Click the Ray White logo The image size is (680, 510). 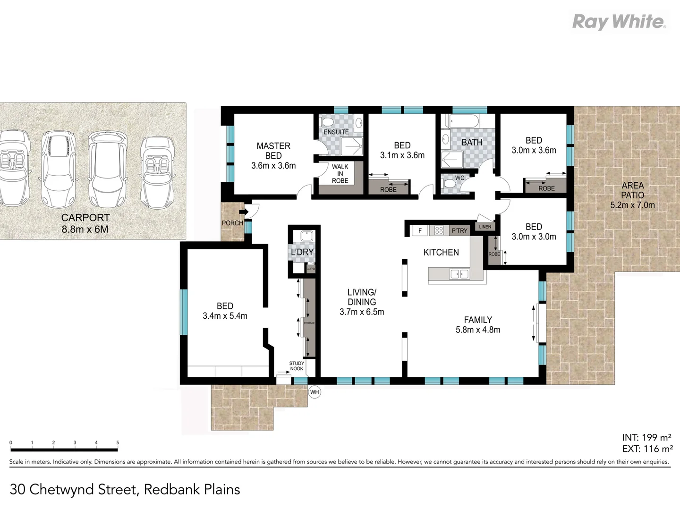(619, 22)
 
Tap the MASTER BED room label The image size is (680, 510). (273, 151)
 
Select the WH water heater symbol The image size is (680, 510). (314, 392)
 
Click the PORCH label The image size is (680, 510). (232, 223)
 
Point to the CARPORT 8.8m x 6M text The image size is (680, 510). (85, 223)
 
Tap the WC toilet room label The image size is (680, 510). (459, 178)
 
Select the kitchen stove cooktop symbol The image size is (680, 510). (439, 230)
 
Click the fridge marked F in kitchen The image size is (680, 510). (420, 230)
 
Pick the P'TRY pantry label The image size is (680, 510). (459, 230)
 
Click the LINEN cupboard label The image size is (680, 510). (485, 227)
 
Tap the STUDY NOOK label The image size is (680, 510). (297, 366)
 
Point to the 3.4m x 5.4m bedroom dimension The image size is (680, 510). (225, 316)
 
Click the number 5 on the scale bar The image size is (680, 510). (118, 443)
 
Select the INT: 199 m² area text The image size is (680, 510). (646, 438)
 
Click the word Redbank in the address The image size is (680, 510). (172, 489)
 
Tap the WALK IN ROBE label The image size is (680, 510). (340, 174)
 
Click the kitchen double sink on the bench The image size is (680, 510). (459, 274)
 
